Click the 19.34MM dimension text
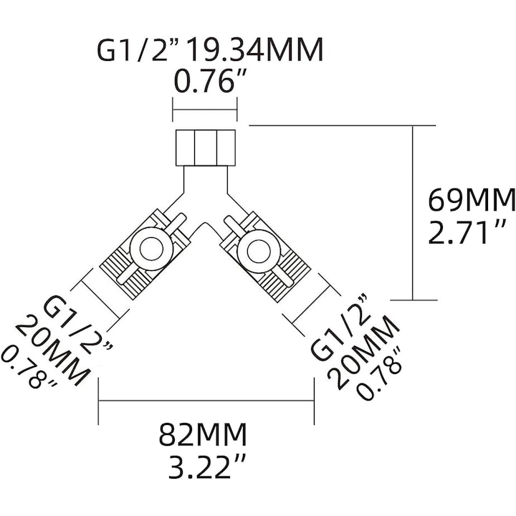254,50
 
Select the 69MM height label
472,200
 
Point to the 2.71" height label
467,232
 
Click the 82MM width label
203,434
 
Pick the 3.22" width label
207,467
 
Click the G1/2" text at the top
139,50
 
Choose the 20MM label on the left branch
52,350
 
